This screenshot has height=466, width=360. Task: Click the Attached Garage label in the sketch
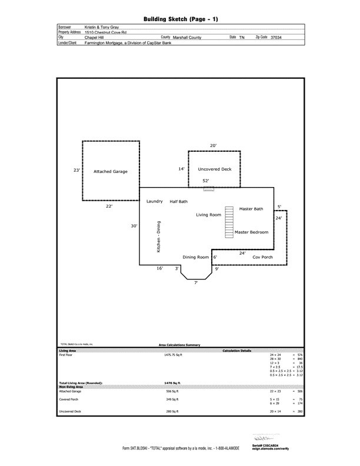(x=111, y=172)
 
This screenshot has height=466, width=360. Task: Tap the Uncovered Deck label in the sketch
(x=215, y=169)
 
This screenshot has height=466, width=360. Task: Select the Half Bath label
(x=179, y=201)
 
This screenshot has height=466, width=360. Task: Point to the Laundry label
(x=154, y=201)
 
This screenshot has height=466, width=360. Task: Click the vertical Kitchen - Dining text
(x=158, y=238)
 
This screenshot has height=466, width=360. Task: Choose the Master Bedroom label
(x=251, y=232)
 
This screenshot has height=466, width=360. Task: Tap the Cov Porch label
(x=262, y=257)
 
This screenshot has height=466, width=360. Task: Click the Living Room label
(x=208, y=215)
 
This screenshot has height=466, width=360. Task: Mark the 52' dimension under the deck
(x=206, y=181)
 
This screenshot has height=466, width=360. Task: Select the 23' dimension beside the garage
(x=76, y=170)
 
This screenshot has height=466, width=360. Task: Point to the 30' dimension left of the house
(x=134, y=225)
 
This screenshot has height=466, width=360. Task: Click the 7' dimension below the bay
(x=196, y=283)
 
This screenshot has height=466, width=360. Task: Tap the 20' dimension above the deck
(x=213, y=145)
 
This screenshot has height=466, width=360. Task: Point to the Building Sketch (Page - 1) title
(x=180, y=19)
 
